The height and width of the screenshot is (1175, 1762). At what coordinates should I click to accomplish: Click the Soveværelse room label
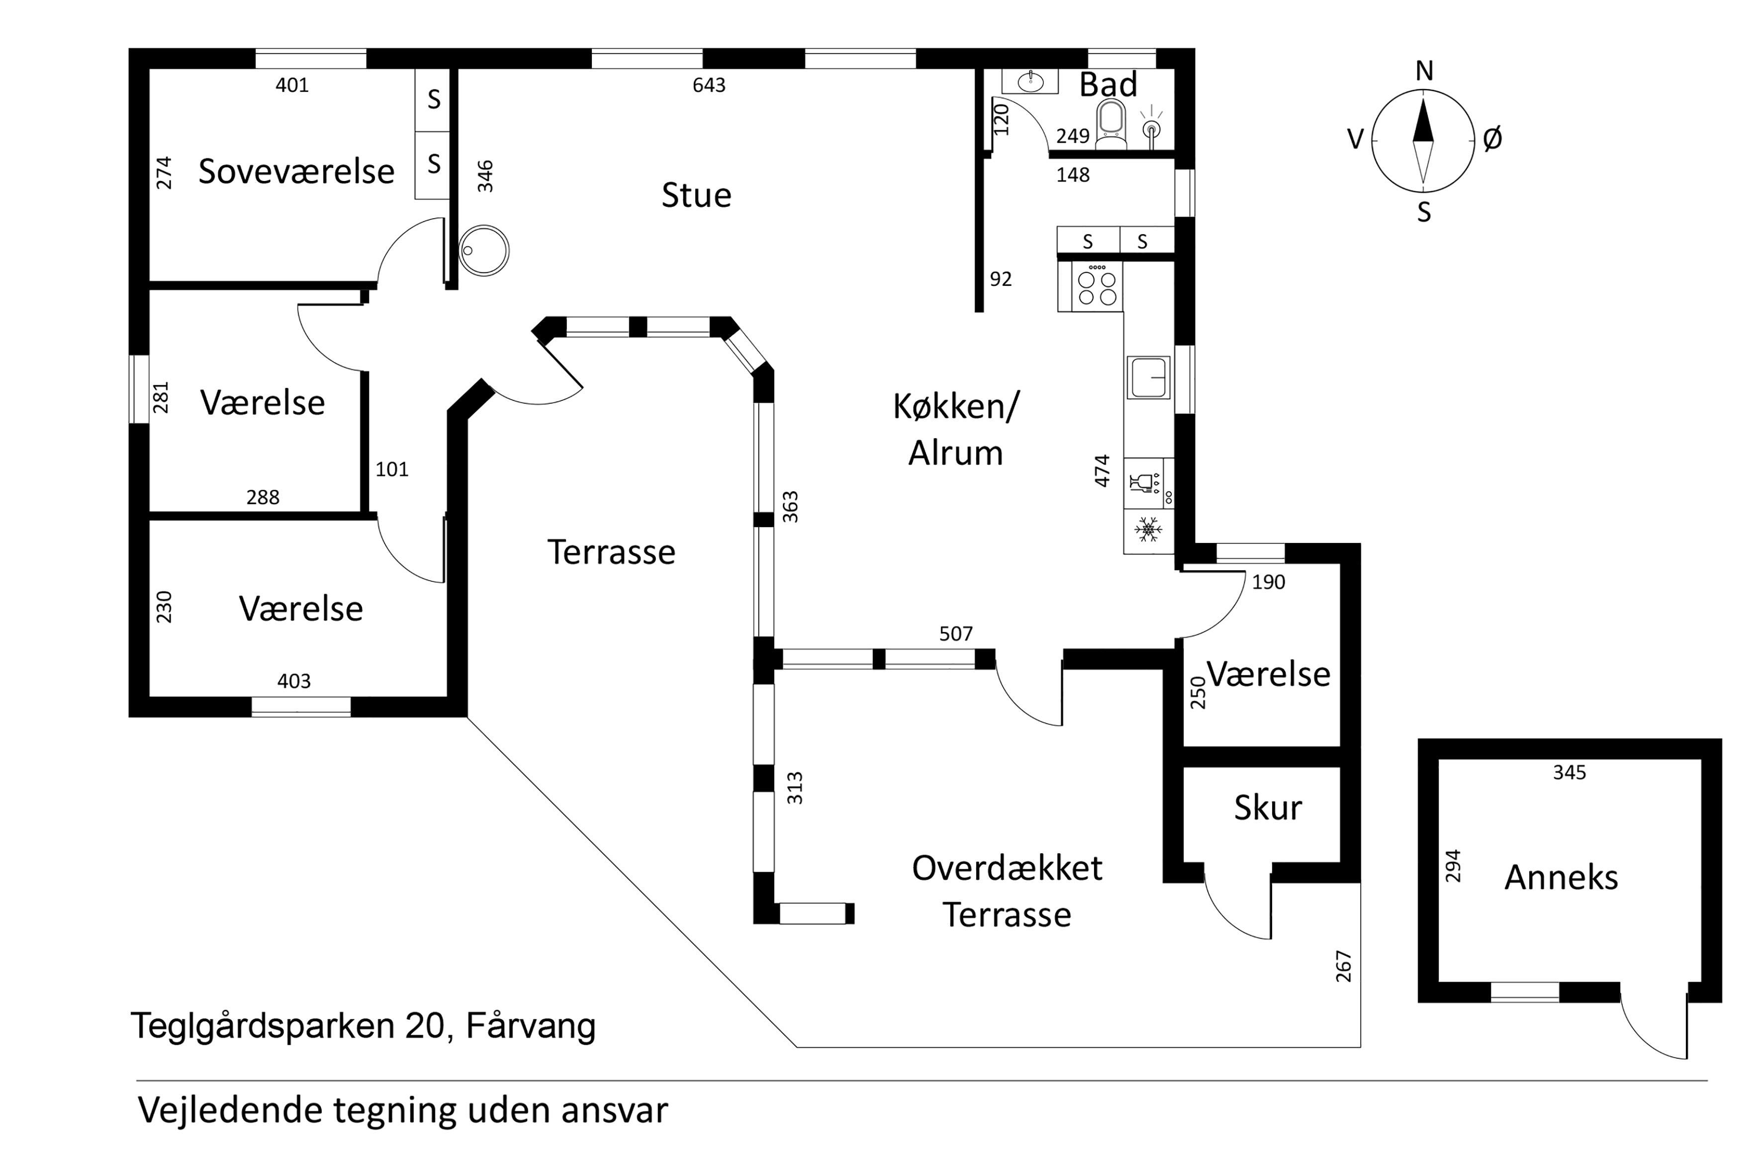pos(296,172)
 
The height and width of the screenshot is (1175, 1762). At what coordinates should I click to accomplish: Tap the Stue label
pos(696,195)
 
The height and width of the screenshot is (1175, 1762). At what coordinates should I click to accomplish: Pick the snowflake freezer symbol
pos(1147,530)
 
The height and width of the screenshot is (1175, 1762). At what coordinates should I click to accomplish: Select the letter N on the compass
pos(1424,71)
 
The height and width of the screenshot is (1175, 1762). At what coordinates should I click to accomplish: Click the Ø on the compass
pos(1492,139)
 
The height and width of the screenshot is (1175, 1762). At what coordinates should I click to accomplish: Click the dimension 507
pos(955,634)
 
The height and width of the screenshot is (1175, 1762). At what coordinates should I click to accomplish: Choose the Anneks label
pos(1561,878)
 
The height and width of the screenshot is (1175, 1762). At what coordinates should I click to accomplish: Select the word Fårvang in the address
pos(531,1025)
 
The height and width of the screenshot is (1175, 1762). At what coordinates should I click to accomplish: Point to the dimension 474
pos(1102,470)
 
